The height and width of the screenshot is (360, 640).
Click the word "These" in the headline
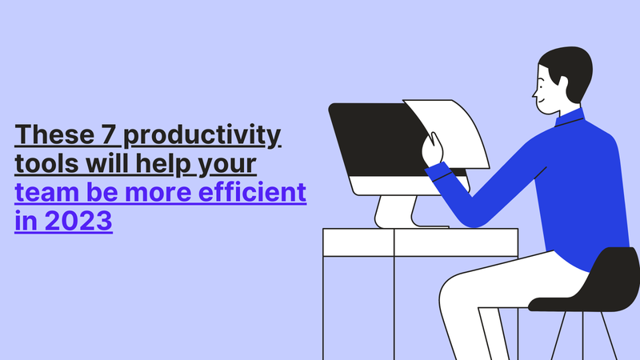[x=54, y=134]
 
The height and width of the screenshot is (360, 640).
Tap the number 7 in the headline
[x=109, y=134]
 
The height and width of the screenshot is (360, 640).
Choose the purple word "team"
[x=46, y=192]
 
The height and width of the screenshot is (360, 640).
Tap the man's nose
[x=534, y=94]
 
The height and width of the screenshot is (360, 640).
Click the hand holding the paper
[x=432, y=149]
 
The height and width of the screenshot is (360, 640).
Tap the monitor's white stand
[x=396, y=212]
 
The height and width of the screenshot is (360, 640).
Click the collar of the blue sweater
[x=570, y=118]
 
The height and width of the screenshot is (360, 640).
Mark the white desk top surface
[x=421, y=242]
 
